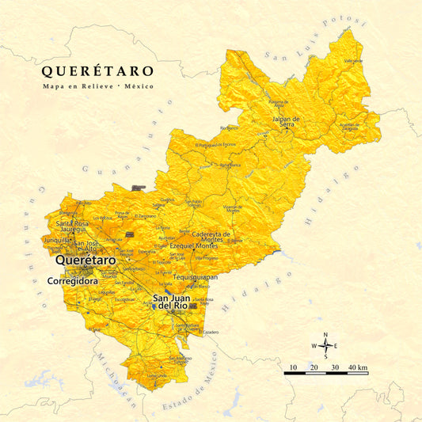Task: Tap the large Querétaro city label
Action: tap(84, 260)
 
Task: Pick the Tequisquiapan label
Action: tap(195, 278)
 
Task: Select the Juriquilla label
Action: tap(57, 239)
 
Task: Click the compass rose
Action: tap(325, 345)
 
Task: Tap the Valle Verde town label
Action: tap(352, 60)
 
